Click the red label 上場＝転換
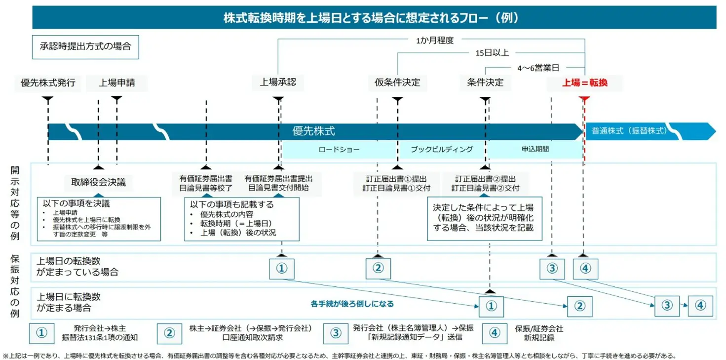coord(585,83)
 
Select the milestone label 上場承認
coord(278,82)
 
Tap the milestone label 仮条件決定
coord(394,82)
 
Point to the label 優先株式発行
coord(48,82)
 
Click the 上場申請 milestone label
coord(116,82)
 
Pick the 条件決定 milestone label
coord(485,82)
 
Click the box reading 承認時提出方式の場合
coord(85,47)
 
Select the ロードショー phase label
coord(339,149)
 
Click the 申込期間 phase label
coord(535,149)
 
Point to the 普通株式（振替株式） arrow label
coord(629,131)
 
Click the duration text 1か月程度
coord(434,40)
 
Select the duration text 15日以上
coord(492,53)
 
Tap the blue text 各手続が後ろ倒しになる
coord(352,304)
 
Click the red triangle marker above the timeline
coord(585,99)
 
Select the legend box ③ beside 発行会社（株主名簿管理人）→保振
coord(336,333)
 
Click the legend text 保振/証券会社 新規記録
coord(538,333)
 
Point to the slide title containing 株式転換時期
coord(374,18)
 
